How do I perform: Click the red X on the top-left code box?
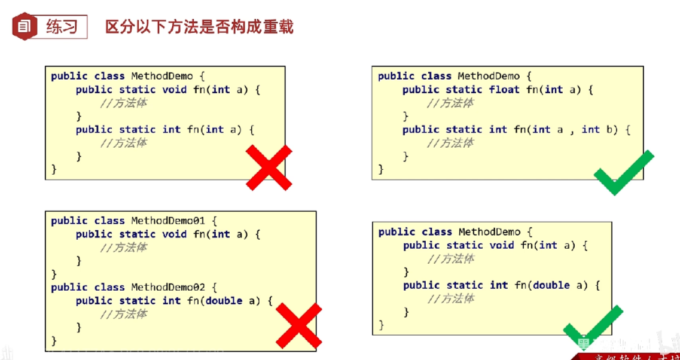(x=269, y=168)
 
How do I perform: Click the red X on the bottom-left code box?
(x=298, y=326)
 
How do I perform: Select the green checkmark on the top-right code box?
(x=623, y=173)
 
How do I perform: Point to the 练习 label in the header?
(x=62, y=26)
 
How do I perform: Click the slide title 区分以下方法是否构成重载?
(x=199, y=27)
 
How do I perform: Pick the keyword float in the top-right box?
(x=504, y=89)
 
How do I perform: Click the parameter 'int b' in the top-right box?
(x=599, y=129)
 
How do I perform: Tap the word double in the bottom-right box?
(x=551, y=285)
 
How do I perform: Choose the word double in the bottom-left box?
(x=224, y=301)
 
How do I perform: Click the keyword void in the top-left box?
(x=175, y=89)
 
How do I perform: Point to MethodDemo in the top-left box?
(x=162, y=76)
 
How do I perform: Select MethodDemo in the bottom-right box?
(x=489, y=232)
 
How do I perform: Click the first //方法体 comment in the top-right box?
(x=450, y=103)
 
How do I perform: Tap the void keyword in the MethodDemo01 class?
(x=175, y=234)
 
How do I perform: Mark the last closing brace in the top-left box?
(x=54, y=169)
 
